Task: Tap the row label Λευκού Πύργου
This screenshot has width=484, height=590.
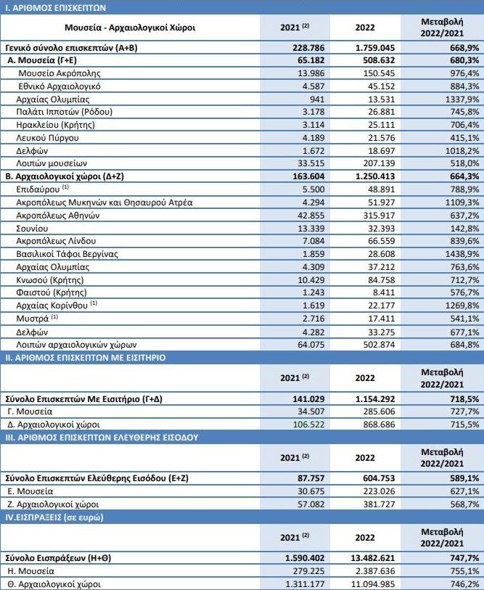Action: [49, 137]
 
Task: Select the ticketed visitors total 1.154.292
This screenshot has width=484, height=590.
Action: [370, 398]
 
